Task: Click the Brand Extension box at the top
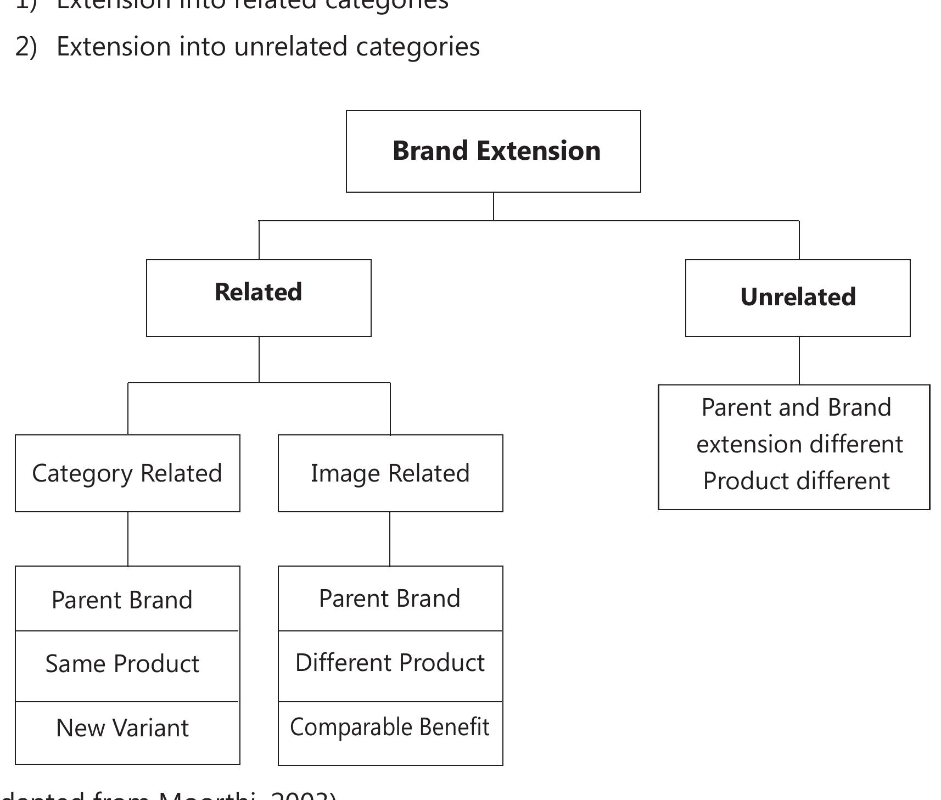493,151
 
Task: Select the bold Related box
259,298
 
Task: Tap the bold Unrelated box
798,298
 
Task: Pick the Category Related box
127,473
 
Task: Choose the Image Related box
390,473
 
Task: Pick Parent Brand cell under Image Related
390,598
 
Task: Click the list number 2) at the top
26,47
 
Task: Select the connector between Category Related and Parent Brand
128,539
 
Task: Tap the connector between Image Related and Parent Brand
390,539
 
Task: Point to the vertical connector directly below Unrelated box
799,361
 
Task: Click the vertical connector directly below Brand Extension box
494,206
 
